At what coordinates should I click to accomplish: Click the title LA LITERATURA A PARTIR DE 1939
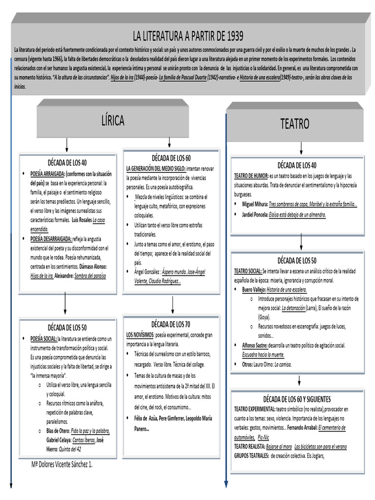point(188,36)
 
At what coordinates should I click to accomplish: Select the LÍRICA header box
point(113,120)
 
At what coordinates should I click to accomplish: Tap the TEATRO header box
point(294,124)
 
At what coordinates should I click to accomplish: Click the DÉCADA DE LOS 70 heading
point(171,325)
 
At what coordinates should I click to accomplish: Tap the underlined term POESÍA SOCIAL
point(43,338)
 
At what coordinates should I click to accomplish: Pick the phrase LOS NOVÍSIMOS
point(140,335)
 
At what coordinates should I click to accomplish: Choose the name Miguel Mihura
point(255,204)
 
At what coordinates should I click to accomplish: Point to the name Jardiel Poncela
point(256,214)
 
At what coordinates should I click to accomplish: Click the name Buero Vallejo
point(254,290)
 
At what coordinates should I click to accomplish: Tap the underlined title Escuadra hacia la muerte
point(263,354)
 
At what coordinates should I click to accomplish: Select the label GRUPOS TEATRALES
point(251,456)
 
